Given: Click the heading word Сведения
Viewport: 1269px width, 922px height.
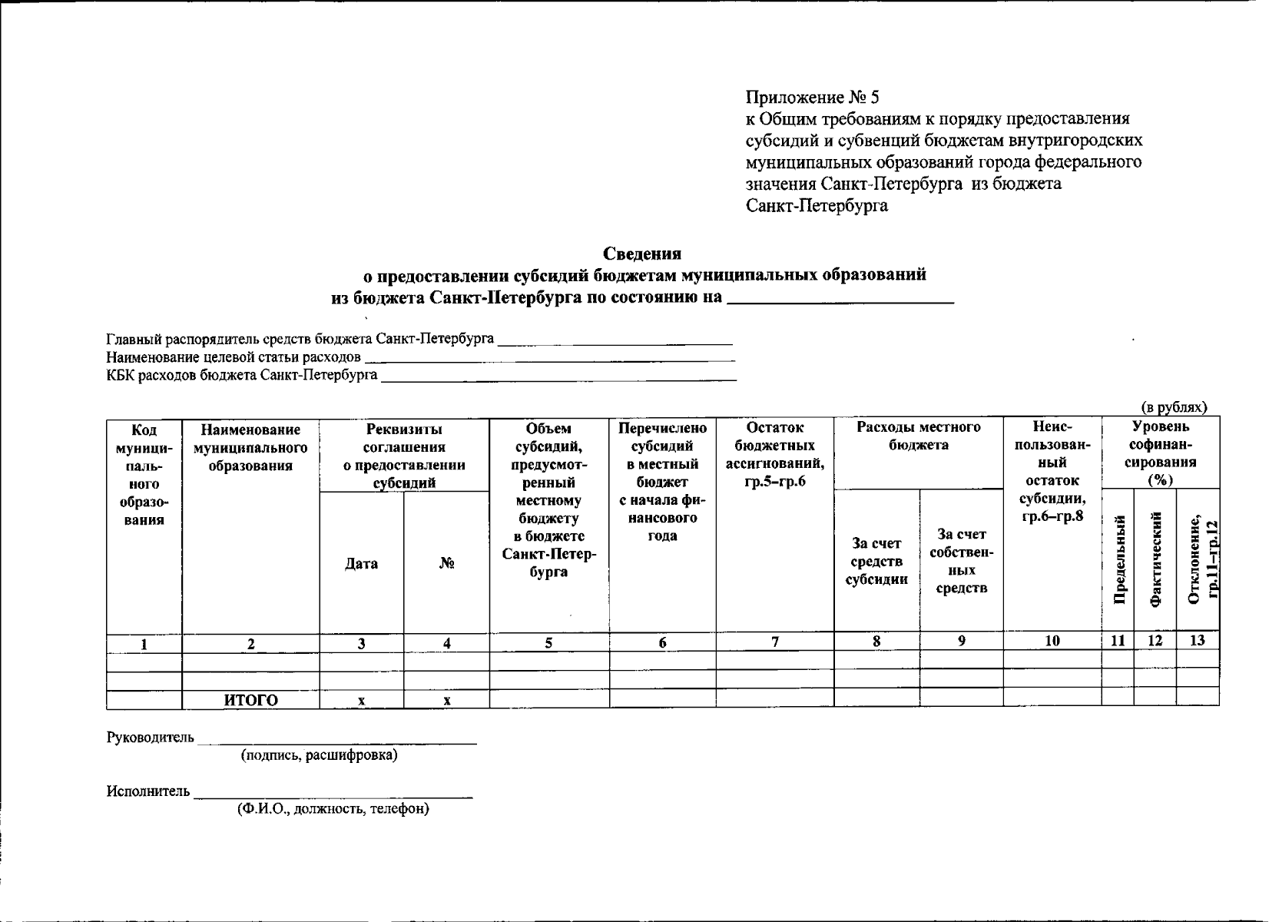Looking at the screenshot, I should coord(642,254).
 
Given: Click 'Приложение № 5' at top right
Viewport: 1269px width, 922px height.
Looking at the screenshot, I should coord(812,98).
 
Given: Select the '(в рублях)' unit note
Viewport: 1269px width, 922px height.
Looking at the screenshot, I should coord(1173,407).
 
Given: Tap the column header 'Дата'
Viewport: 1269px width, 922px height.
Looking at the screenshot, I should coord(361,563).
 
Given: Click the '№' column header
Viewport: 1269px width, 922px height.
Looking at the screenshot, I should coord(447,563).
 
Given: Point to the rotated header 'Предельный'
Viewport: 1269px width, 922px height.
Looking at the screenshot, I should coord(1118,560).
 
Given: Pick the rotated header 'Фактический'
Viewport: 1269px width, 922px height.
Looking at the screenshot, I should coord(1155,560).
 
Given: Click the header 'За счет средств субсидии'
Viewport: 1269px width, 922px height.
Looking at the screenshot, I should coord(876,562).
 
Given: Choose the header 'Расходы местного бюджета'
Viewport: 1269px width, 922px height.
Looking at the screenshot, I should coord(918,436).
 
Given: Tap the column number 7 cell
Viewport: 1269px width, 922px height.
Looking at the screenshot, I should coord(775,642).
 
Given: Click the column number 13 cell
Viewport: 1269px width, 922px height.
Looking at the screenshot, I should coord(1197,641).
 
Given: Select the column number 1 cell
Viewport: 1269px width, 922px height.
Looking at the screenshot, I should coord(144,644).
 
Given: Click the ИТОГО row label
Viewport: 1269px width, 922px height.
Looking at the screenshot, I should coord(250,700).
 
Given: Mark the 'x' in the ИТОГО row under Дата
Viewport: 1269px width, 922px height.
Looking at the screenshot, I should coord(361,701).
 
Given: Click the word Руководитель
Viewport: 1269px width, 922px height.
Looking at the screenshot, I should coord(151,738).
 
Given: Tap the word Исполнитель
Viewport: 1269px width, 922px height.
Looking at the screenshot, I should coord(148,791).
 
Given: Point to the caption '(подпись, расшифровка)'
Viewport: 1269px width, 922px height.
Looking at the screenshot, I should coord(320,755).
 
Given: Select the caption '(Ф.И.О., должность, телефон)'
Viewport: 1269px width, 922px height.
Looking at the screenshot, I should coord(333,809).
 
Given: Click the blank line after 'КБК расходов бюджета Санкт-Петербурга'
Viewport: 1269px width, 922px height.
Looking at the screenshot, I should coord(558,376).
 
